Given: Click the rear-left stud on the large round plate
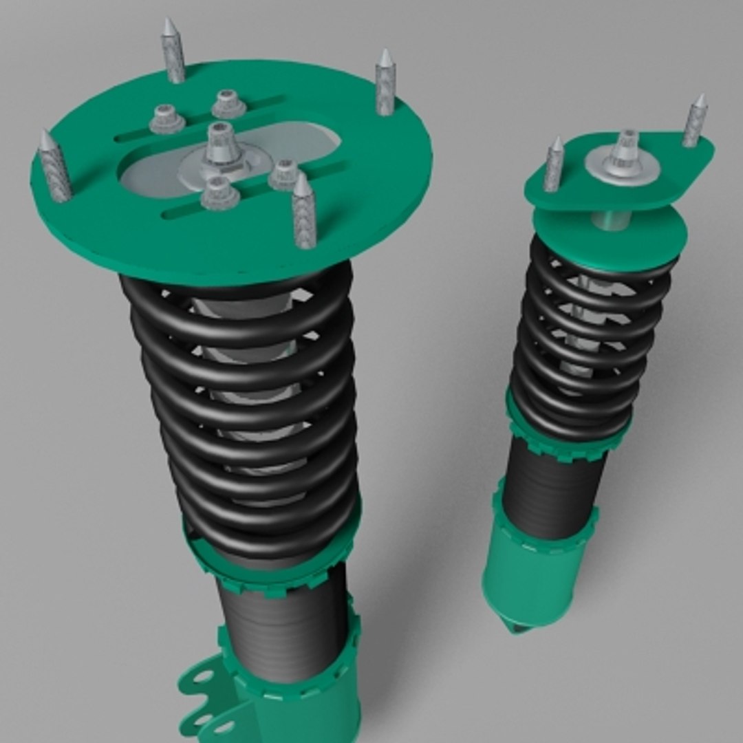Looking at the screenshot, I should [173, 52].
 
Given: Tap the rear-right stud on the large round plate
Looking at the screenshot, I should [385, 83].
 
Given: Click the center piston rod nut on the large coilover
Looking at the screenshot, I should [221, 148].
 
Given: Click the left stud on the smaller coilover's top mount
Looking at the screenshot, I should [554, 165].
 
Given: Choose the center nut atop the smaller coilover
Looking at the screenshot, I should [625, 148].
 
